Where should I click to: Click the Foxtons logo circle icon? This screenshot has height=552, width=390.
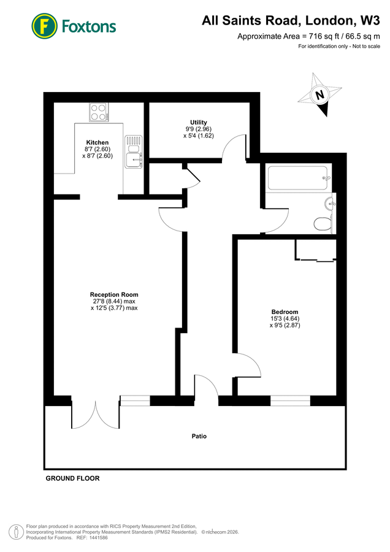pos(44,26)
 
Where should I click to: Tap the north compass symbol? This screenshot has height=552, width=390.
pos(319,94)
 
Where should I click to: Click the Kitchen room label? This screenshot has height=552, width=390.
pos(97,142)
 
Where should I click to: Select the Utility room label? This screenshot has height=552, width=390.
pos(199,122)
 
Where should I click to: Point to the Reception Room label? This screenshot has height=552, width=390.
pos(113,294)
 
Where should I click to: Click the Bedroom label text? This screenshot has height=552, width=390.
pos(285,312)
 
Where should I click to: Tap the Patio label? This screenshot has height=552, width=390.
pos(197,437)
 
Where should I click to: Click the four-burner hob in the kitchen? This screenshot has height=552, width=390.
pos(98,112)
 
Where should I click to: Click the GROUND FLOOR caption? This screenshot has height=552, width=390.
pos(72,478)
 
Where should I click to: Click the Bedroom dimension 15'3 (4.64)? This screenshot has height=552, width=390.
pos(285,318)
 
